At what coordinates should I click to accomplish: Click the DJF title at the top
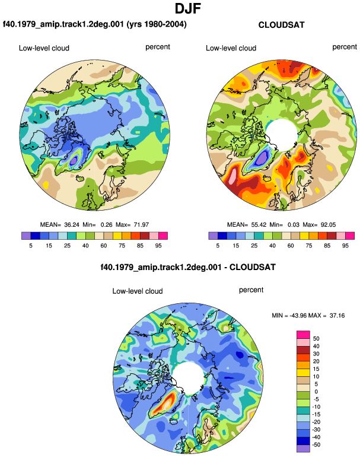[188, 8]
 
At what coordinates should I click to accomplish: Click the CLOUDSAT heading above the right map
[281, 25]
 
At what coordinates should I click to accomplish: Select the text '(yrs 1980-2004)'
[157, 24]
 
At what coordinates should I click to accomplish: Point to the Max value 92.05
[328, 225]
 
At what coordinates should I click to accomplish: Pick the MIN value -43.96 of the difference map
[298, 315]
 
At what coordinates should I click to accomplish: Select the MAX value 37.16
[337, 315]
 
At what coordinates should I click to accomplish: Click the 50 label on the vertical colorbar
[316, 338]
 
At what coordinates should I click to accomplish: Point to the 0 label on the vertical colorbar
[316, 392]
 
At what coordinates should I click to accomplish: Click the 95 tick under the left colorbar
[158, 246]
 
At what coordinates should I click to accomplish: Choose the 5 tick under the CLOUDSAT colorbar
[218, 246]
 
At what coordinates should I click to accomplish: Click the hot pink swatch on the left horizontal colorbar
[163, 236]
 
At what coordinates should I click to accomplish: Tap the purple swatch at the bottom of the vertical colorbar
[303, 449]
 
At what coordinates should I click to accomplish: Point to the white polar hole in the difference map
[188, 378]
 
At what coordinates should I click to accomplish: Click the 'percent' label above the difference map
[251, 290]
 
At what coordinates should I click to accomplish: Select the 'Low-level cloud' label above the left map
[44, 48]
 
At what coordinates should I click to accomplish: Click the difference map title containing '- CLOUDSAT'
[188, 267]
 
